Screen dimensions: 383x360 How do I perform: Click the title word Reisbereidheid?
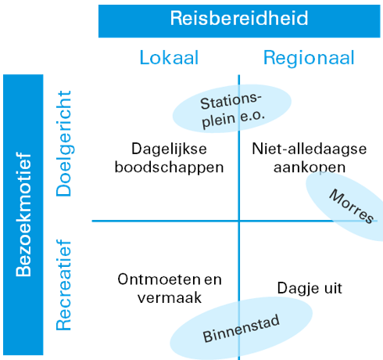coord(239,18)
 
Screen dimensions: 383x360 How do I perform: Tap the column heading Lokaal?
coord(169,57)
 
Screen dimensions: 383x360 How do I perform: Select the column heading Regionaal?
coord(309,59)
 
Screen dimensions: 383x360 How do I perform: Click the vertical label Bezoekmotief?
coord(23,214)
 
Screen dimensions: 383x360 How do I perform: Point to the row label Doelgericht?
coord(64,143)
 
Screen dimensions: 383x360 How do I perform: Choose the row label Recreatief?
coord(63,285)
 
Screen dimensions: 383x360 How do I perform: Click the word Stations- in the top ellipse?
coord(231,101)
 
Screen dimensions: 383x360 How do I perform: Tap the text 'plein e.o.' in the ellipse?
coord(233,119)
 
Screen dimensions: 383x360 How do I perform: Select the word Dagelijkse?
coord(169,149)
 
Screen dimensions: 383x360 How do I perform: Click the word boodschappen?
coord(170,167)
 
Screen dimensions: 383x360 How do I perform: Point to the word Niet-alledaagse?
coord(310,149)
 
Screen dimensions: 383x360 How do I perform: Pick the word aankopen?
coord(310,167)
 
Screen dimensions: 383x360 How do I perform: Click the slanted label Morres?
coord(351,206)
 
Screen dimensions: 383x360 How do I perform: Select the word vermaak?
coord(170,297)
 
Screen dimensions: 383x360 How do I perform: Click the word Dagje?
coord(298,289)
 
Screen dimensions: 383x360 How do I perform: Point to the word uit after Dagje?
coord(333,288)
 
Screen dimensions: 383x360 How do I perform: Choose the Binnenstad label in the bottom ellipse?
coord(242,329)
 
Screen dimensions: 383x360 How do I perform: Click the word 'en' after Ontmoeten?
coord(213,280)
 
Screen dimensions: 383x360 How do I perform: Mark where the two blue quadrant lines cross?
coord(239,221)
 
